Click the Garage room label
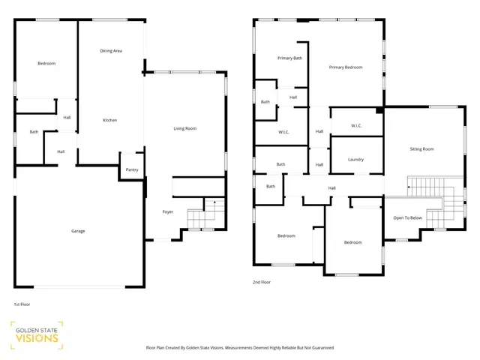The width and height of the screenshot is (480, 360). tap(78, 231)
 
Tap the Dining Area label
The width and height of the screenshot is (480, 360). tap(111, 51)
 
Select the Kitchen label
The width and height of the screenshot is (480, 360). tap(109, 120)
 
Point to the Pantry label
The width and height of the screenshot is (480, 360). tap(132, 169)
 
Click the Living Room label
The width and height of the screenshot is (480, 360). tap(185, 129)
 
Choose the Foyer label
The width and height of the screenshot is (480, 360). tap(168, 212)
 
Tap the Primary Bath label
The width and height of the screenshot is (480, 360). tap(289, 58)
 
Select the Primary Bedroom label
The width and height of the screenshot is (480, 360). tap(346, 67)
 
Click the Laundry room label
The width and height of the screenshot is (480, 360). tap(356, 160)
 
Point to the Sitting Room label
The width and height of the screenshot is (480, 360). tap(421, 149)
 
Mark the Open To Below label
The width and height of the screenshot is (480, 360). tap(407, 218)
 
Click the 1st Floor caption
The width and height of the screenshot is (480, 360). tap(22, 304)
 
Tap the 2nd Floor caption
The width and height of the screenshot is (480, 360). tap(262, 283)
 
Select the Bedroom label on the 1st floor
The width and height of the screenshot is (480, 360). tap(46, 64)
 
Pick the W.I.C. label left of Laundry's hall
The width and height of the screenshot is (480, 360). tap(284, 133)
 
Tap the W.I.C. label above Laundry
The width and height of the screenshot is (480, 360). tap(356, 125)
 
